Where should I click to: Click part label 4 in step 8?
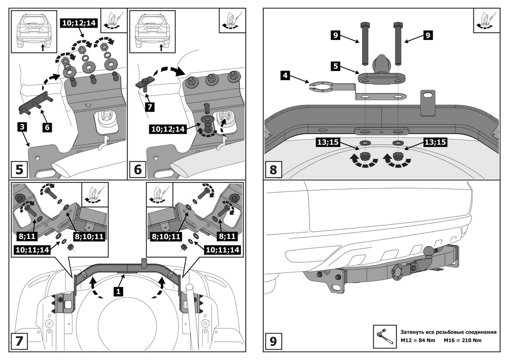click(285, 76)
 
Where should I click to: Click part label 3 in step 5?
click(23, 127)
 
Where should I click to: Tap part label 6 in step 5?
click(47, 127)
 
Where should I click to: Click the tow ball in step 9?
click(429, 251)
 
